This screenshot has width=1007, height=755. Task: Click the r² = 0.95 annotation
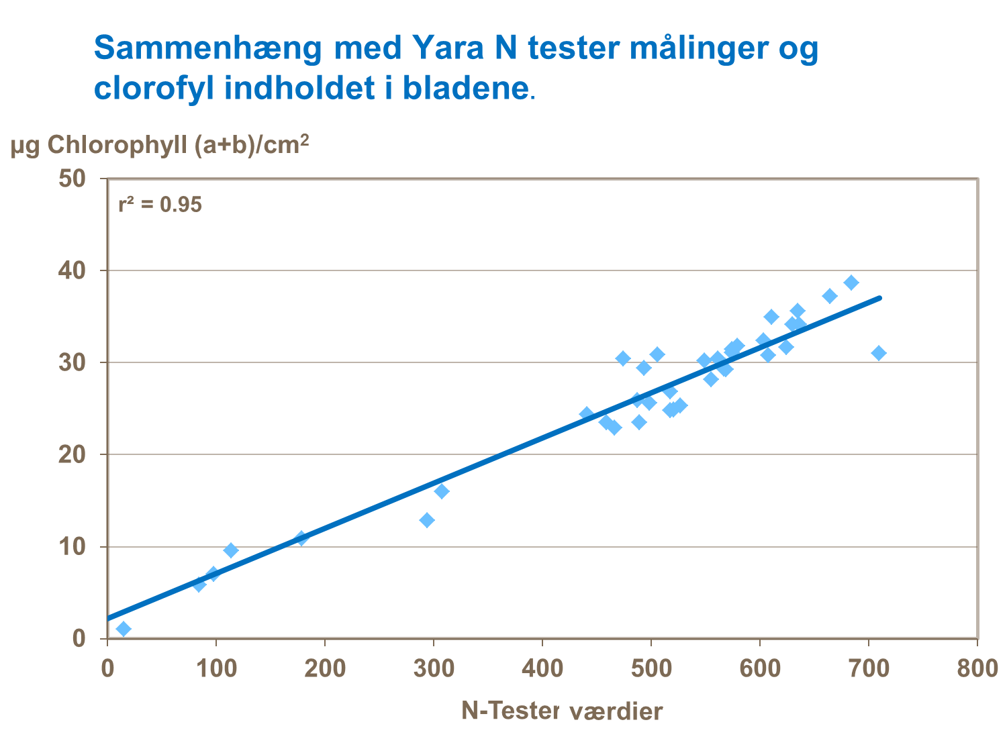(160, 205)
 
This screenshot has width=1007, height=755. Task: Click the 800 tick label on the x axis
(977, 670)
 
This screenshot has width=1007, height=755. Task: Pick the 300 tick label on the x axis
(433, 670)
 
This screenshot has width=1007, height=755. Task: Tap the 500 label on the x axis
(651, 670)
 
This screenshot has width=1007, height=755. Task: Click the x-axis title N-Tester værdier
(562, 711)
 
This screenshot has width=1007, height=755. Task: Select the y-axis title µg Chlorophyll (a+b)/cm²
(160, 145)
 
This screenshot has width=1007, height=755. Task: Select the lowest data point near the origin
(124, 629)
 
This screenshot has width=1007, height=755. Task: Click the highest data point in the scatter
(851, 283)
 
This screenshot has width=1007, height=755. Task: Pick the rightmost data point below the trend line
(879, 353)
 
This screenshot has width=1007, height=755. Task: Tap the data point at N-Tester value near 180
(301, 538)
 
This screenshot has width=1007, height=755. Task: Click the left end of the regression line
(108, 618)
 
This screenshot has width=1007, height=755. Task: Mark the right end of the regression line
(879, 297)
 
